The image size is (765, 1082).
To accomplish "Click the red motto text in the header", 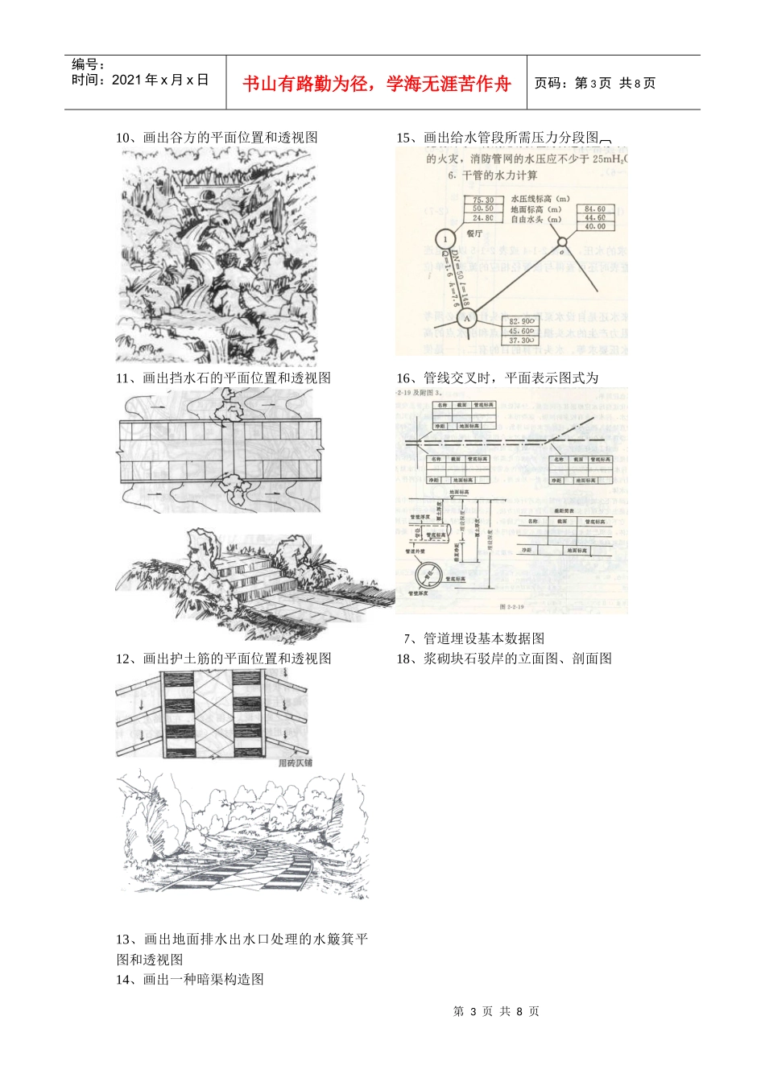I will click(376, 84).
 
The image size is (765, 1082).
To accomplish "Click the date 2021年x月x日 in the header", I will click(140, 80).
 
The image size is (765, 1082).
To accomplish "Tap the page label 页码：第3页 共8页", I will click(595, 83).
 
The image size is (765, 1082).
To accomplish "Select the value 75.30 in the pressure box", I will click(483, 200).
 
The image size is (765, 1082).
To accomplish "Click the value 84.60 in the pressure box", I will click(595, 209).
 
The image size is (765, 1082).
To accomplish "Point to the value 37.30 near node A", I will click(520, 341).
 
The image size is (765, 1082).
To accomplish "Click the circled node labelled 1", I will click(445, 239).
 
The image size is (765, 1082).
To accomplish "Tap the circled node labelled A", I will click(468, 318).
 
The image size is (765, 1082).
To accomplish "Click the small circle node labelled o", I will click(563, 242).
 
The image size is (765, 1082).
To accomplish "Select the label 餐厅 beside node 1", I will click(474, 233).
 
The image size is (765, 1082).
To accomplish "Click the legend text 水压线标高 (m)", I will click(540, 199).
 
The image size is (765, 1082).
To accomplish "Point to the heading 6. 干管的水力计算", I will click(493, 176).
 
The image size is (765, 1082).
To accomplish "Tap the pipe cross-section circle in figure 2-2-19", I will click(429, 575).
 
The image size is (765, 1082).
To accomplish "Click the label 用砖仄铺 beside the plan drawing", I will click(295, 762).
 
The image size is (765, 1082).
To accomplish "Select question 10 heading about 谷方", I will click(217, 138).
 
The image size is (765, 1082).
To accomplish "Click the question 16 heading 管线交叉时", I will click(497, 378).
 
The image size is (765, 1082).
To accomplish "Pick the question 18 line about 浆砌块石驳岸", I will click(503, 659).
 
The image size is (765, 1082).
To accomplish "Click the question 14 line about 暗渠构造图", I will click(189, 979).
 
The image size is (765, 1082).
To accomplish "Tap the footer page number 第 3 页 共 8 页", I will click(496, 1011).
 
